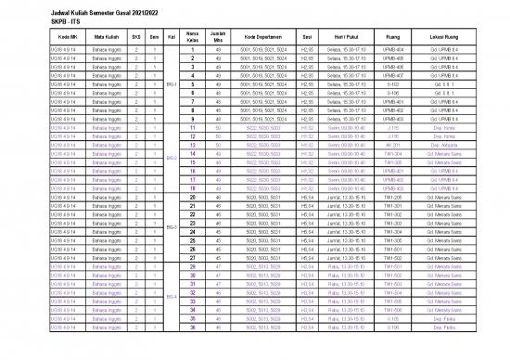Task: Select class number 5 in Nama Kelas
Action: [193, 84]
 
